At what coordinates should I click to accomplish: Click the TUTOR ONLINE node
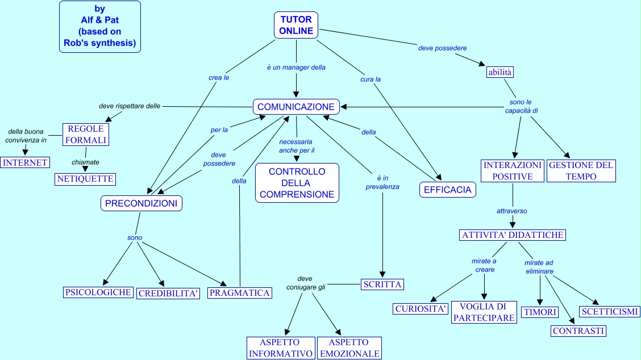pyautogui.click(x=296, y=26)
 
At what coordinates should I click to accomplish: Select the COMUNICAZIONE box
pyautogui.click(x=296, y=107)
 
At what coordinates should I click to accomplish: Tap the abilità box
pyautogui.click(x=500, y=72)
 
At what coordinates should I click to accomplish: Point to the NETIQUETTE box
pyautogui.click(x=85, y=179)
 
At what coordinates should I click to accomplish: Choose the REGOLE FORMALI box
pyautogui.click(x=85, y=135)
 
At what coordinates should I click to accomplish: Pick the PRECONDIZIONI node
pyautogui.click(x=141, y=203)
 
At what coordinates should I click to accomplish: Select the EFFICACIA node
pyautogui.click(x=448, y=190)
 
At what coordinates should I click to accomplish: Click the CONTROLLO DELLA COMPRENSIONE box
pyautogui.click(x=297, y=183)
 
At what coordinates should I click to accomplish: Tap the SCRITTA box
pyautogui.click(x=382, y=284)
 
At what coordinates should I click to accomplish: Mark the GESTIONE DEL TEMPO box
pyautogui.click(x=581, y=171)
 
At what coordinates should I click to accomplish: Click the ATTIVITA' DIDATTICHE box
pyautogui.click(x=513, y=235)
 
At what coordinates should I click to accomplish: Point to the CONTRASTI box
pyautogui.click(x=578, y=331)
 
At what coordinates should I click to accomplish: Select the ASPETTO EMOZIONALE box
pyautogui.click(x=349, y=348)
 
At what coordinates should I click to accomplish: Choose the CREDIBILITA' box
pyautogui.click(x=169, y=294)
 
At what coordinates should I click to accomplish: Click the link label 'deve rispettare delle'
pyautogui.click(x=130, y=106)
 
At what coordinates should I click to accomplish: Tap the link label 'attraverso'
pyautogui.click(x=511, y=211)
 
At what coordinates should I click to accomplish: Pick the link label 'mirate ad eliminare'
pyautogui.click(x=539, y=267)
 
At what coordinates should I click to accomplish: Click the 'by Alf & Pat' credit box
pyautogui.click(x=100, y=27)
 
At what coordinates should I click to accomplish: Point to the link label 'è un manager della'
pyautogui.click(x=296, y=67)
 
